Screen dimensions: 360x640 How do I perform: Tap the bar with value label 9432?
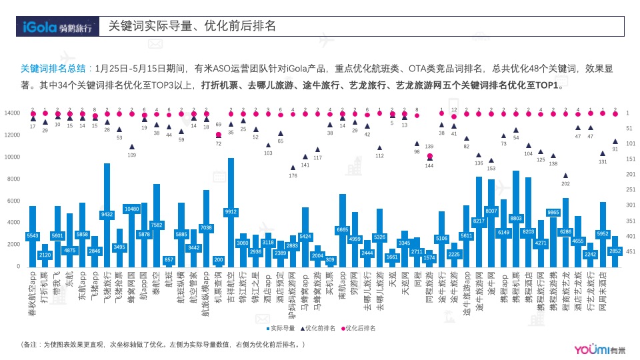[x=107, y=215]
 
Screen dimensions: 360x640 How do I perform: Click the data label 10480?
[x=131, y=209]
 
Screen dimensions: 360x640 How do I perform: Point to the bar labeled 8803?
[x=515, y=218]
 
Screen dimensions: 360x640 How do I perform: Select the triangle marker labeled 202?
[x=565, y=175]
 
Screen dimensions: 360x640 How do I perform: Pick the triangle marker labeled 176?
[x=293, y=168]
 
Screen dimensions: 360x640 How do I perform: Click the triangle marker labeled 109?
[x=132, y=147]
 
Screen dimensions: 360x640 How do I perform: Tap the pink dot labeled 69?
[x=218, y=135]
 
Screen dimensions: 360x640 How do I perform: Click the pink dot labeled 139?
[x=429, y=156]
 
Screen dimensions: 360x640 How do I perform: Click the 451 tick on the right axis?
[x=631, y=252]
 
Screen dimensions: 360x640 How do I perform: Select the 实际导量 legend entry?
[x=281, y=329]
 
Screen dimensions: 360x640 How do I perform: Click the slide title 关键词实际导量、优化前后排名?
[x=192, y=27]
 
